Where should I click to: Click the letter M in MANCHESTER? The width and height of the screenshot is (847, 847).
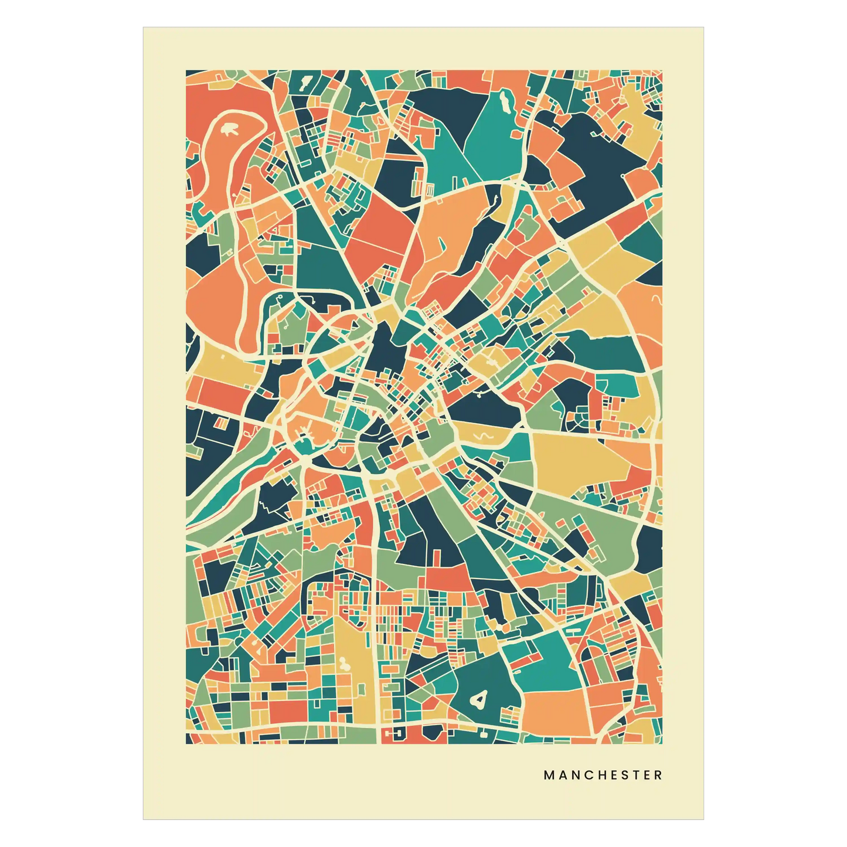(x=549, y=775)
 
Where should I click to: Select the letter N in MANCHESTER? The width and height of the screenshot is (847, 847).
(x=574, y=775)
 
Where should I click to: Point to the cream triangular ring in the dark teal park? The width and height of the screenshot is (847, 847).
(x=479, y=698)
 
